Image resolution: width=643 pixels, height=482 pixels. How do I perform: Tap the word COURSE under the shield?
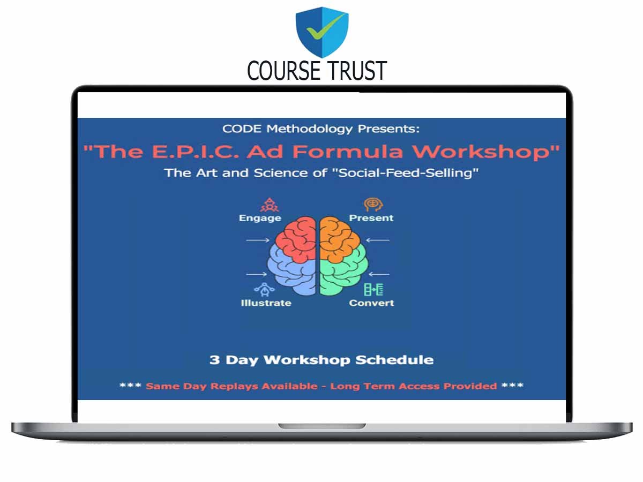coord(283,70)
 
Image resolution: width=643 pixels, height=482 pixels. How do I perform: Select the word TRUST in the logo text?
coord(357,70)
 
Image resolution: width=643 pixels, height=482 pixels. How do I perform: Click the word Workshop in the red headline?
coord(487,152)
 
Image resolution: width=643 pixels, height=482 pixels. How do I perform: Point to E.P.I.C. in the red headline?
coord(196,152)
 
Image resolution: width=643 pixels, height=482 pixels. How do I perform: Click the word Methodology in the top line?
coord(309,129)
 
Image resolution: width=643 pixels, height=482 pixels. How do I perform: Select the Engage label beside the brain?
coord(260,219)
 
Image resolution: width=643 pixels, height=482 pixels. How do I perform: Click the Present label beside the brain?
coord(371,218)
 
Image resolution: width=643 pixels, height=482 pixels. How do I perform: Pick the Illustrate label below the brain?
coord(266,303)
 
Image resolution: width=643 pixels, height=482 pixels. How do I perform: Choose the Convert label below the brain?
coord(371,303)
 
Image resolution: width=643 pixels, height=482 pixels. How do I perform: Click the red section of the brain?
coord(296,238)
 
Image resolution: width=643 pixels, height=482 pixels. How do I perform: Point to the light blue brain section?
coord(290,272)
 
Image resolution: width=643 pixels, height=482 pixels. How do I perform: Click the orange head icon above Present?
coord(373,205)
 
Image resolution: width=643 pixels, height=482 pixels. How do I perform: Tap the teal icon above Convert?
coord(373,289)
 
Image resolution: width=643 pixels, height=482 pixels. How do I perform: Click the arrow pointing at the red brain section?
coord(258,240)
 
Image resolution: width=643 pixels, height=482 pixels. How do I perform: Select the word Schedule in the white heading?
coord(394,360)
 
